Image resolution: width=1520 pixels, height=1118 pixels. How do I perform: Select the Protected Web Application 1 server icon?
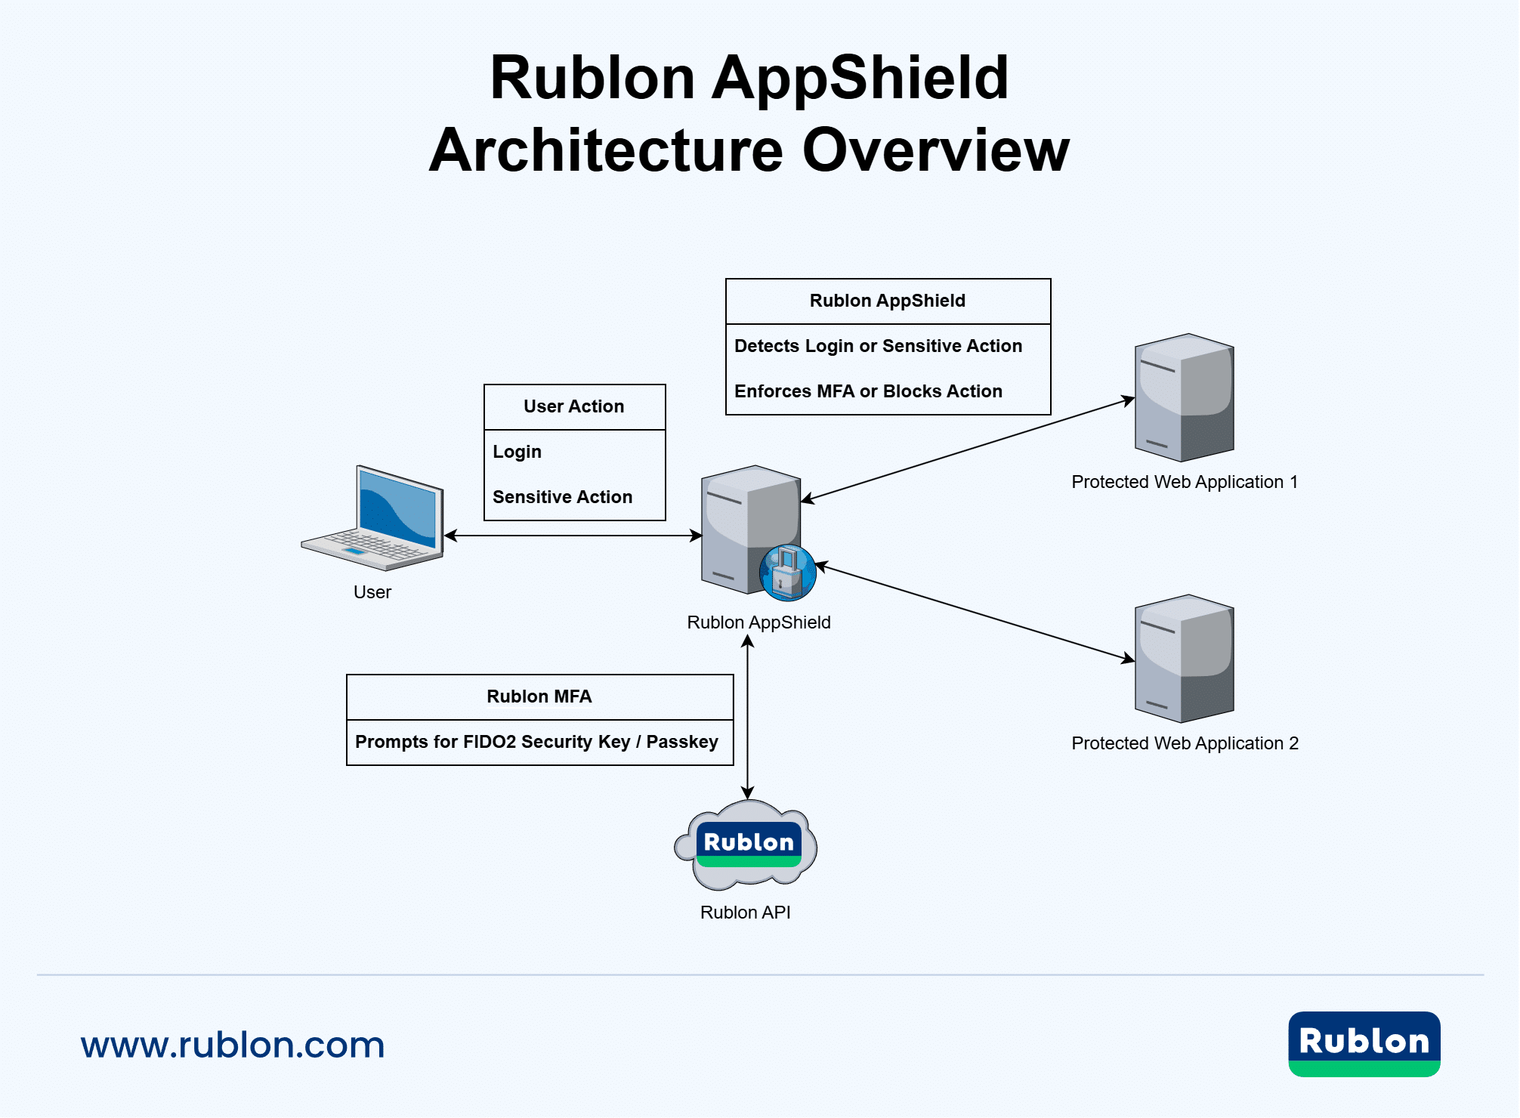1185,397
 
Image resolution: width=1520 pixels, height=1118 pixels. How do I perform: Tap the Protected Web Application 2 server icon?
1185,659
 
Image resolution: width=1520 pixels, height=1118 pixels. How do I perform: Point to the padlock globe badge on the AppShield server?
788,573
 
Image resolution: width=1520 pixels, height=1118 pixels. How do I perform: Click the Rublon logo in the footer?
1364,1044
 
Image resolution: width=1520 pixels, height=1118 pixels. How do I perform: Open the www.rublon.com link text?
233,1045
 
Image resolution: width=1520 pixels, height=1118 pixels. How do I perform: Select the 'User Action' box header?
574,406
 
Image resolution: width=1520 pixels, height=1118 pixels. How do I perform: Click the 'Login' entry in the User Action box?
517,452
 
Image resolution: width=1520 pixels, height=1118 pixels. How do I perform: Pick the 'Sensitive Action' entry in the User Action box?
562,497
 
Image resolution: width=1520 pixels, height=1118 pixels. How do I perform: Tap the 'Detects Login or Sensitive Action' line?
878,346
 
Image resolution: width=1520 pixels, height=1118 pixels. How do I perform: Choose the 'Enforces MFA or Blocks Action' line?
868,391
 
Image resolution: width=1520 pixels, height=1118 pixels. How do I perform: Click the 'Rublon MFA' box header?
539,696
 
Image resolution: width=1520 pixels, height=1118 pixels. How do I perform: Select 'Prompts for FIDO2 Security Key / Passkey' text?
536,742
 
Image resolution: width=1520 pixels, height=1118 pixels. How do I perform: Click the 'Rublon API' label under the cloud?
745,913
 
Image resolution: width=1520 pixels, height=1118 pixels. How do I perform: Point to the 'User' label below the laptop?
372,592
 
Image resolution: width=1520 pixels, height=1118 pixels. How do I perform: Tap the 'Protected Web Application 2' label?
1185,743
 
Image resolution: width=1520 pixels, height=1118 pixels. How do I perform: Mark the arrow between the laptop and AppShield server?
573,536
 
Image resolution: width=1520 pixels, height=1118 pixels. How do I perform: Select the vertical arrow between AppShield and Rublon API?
747,717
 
